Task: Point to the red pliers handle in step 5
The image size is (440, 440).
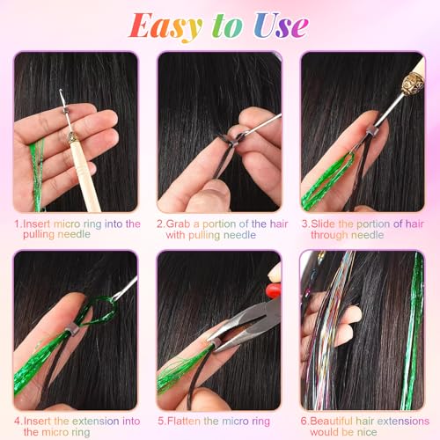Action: pos(274,290)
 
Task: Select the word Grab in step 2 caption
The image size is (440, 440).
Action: pos(180,224)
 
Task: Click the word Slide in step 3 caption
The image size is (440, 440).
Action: pos(326,224)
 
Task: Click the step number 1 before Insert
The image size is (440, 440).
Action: pos(18,224)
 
